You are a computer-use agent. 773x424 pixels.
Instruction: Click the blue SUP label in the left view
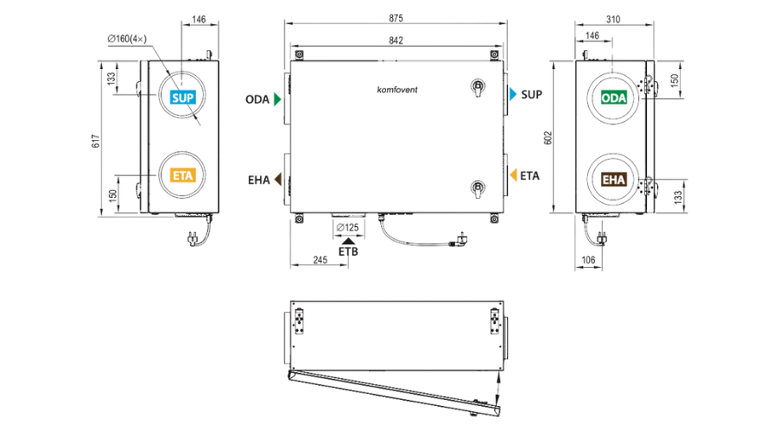pos(183,98)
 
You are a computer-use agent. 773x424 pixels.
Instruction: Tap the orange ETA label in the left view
pos(183,175)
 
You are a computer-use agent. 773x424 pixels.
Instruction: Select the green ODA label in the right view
pos(614,98)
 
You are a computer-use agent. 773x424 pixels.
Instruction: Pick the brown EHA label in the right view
pos(614,180)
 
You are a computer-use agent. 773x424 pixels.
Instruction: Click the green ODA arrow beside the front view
pos(277,99)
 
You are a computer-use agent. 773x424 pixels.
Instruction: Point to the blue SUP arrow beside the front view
pos(513,94)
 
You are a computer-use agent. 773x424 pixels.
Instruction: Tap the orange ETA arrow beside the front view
pos(513,175)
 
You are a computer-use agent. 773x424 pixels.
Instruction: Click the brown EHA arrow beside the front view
pos(278,180)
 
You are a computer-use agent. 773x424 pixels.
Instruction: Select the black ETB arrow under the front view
pos(349,241)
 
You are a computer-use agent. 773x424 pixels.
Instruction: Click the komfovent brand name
pos(396,90)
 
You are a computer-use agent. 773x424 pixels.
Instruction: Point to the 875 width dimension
pos(396,18)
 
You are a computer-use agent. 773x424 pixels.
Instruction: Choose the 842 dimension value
pos(396,41)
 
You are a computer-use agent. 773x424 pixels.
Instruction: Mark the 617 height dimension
pos(96,141)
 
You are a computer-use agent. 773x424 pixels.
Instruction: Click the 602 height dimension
pos(548,138)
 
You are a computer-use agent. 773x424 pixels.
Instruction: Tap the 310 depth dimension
pos(613,19)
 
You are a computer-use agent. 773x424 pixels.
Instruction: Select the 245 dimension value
pos(320,260)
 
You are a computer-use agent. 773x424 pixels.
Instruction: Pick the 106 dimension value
pos(588,260)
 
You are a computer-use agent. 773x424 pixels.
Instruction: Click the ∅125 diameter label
pos(347,227)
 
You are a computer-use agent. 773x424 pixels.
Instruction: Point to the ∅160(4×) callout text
pos(127,39)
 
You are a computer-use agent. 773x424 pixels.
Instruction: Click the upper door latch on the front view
pos(478,88)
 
